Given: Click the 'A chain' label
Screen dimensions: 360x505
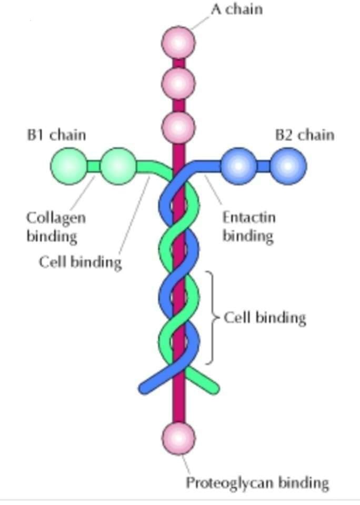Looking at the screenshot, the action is coord(237,9).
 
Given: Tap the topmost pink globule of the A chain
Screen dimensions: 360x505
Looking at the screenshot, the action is coord(178,43).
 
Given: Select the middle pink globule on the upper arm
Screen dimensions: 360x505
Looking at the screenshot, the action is coord(178,84).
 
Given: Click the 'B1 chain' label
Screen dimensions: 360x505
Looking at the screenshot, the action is coord(56,135).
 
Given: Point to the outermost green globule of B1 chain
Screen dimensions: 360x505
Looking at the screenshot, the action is coord(68,166).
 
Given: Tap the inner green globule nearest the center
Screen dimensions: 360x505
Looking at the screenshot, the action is coord(118,166).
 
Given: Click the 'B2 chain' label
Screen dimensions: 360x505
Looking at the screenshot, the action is coord(305,135).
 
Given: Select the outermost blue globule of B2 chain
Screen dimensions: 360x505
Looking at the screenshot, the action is coord(288,166).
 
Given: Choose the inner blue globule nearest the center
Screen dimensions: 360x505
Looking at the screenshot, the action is coord(238,166).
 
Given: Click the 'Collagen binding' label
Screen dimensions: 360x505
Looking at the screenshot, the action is coord(56,227).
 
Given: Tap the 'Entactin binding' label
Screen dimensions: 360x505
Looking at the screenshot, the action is coord(249,227).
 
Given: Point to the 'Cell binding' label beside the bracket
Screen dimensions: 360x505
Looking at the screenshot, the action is coord(265,318).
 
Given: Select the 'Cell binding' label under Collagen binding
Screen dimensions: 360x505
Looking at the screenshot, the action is coord(80,262).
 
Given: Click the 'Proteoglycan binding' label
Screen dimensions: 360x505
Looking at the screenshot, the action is coord(257,483).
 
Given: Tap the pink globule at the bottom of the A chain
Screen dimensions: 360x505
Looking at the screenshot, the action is coord(178,438).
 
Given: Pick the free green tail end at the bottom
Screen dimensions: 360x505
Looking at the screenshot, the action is coord(214,388).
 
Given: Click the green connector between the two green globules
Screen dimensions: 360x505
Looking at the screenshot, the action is coord(94,166).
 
